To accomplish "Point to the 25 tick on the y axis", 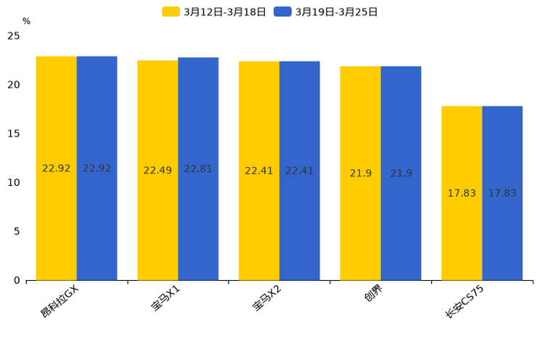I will [x=14, y=36].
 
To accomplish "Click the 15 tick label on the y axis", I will [x=14, y=134].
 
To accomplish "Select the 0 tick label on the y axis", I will [x=17, y=280].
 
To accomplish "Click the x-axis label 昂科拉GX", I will [x=60, y=301].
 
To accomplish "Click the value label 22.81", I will [x=198, y=169].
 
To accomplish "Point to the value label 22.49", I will [x=157, y=171].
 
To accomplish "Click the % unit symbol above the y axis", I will [x=26, y=21].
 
